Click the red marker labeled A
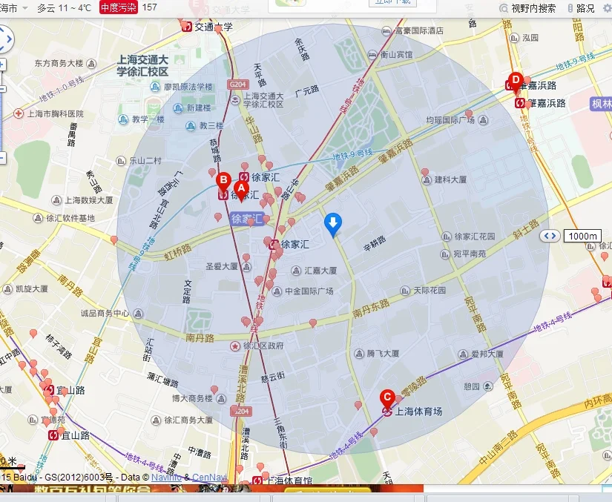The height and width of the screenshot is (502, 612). point(241,190)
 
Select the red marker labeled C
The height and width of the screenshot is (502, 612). point(386,398)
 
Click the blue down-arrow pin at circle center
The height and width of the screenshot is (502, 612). point(334,222)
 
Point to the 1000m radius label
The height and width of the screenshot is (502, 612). point(582,236)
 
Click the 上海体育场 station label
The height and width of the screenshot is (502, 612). point(418,411)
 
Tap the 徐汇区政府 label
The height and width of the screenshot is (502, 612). point(263,346)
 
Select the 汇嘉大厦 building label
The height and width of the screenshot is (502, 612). point(320,271)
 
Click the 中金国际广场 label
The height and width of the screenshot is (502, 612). point(309,291)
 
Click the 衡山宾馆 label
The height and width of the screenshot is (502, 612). point(395,54)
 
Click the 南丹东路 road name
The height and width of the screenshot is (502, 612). point(372,304)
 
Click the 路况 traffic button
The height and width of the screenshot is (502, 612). point(585,8)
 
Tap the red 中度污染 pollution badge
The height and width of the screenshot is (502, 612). point(118,7)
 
